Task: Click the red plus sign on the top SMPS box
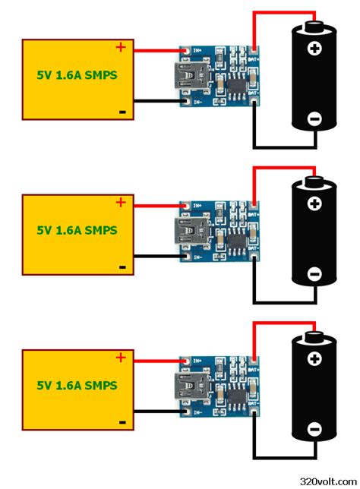[x=120, y=47]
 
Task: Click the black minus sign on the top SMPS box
[x=122, y=112]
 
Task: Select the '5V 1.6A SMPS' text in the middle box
[x=77, y=230]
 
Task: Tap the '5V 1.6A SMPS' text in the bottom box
[x=77, y=385]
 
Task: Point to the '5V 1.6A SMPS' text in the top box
[x=77, y=76]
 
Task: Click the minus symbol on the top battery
[x=314, y=118]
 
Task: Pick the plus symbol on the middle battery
[x=314, y=204]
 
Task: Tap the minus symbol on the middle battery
[x=314, y=274]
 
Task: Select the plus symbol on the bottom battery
[x=314, y=360]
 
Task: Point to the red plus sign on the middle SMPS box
[x=120, y=202]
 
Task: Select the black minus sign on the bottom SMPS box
[x=122, y=421]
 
